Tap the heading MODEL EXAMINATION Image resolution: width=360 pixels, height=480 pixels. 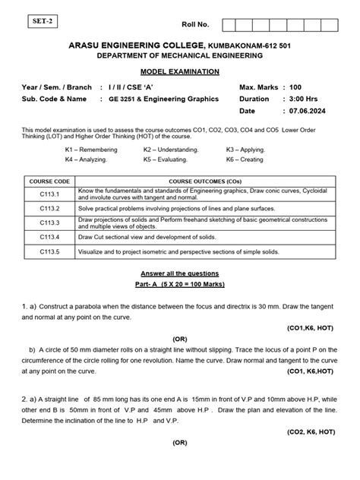point(180,71)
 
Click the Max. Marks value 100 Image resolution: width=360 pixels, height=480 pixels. point(295,87)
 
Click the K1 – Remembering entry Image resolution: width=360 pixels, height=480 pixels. point(91,150)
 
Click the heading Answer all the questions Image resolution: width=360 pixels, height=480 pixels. point(180,273)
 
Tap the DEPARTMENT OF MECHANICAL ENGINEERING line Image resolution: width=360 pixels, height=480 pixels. point(180,56)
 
